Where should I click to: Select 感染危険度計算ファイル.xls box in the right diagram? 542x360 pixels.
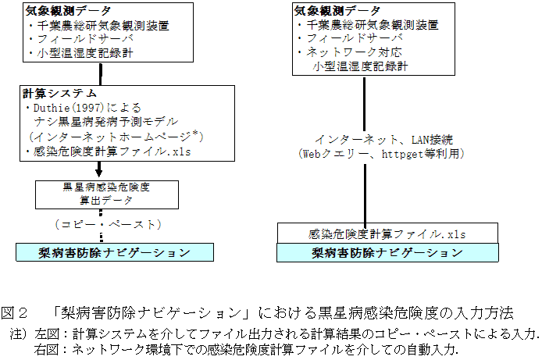click(x=377, y=233)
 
